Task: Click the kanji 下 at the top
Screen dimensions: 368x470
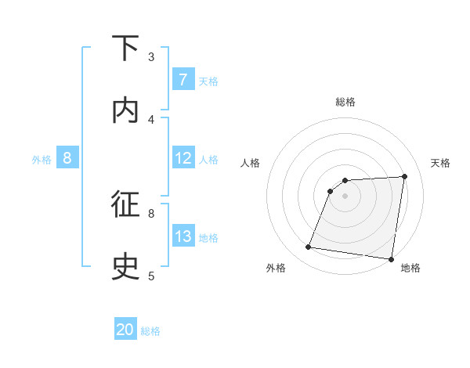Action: coord(126,49)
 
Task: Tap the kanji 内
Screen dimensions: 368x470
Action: coord(126,110)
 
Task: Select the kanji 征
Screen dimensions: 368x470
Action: coord(126,204)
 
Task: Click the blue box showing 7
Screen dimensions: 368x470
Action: coord(183,80)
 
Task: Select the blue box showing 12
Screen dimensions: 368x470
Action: coord(183,159)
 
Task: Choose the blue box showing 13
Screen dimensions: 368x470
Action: coord(183,236)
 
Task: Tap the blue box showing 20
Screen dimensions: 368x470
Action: coord(125,330)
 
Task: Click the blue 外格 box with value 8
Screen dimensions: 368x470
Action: coord(67,159)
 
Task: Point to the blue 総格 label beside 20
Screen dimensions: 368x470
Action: coord(151,331)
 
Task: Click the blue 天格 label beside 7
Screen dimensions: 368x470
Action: coord(208,81)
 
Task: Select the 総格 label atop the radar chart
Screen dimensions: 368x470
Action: coord(345,102)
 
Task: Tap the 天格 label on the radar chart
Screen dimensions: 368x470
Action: coord(440,163)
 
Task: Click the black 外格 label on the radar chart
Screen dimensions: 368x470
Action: coord(276,269)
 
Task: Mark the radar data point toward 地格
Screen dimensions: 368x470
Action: coord(391,258)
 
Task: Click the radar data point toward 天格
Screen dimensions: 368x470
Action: coord(405,176)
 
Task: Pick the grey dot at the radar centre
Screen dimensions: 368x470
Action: coord(345,196)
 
